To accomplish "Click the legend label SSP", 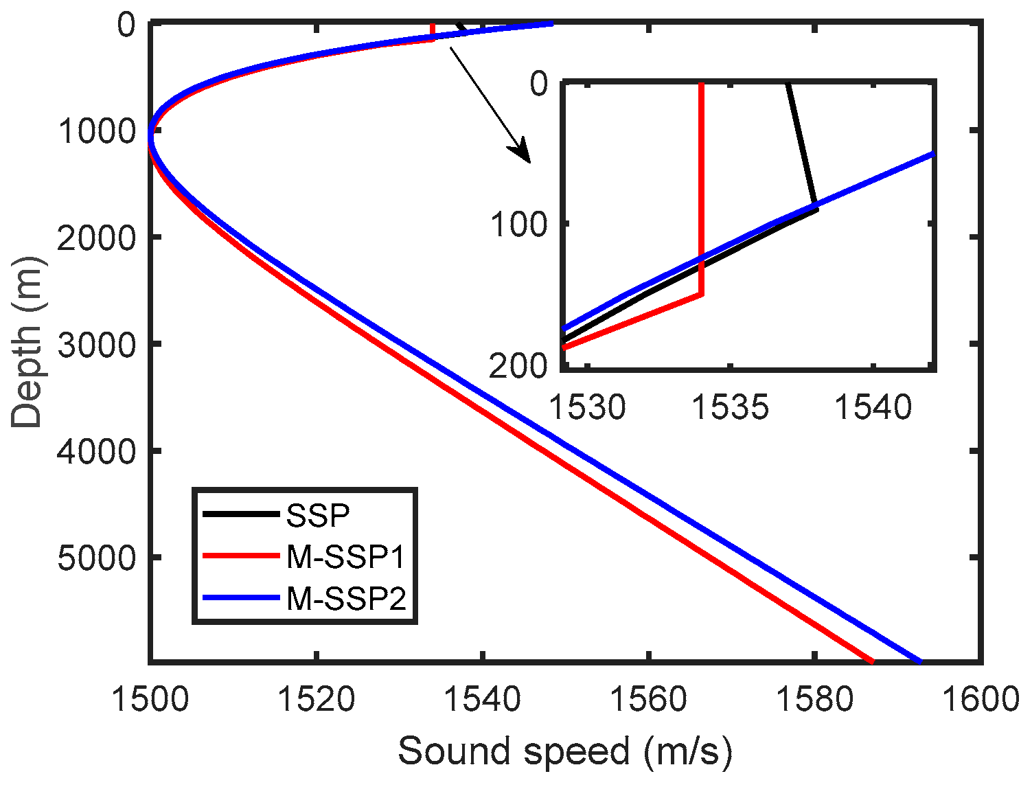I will click(x=318, y=514).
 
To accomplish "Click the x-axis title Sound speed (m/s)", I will click(x=564, y=751).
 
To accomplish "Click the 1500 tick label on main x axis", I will click(x=150, y=699).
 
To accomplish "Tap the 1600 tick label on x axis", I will click(x=980, y=699).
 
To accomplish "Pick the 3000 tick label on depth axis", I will click(x=97, y=344).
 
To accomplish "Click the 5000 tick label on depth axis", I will click(x=97, y=558).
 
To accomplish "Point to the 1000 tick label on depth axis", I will click(x=97, y=130).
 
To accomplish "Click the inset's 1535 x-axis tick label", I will click(x=731, y=407).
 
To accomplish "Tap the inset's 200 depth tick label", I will click(x=518, y=367).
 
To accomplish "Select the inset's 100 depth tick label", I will click(x=518, y=224).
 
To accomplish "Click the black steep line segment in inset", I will click(x=801, y=144).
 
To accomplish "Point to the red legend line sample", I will click(x=240, y=557).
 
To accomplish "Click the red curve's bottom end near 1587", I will click(x=871, y=661).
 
